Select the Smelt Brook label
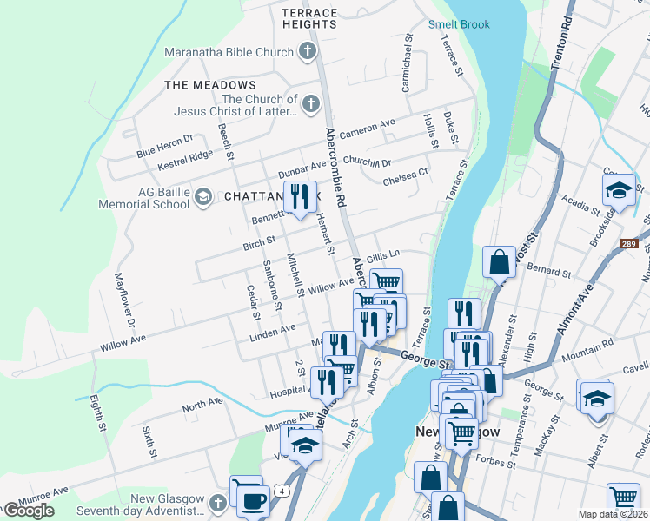459,25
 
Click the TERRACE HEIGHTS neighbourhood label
309,18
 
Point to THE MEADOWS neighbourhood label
210,85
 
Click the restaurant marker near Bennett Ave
300,196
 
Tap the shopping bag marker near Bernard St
500,260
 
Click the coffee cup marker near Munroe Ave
252,500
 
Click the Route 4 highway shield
283,491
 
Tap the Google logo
29,511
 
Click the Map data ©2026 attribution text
613,514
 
